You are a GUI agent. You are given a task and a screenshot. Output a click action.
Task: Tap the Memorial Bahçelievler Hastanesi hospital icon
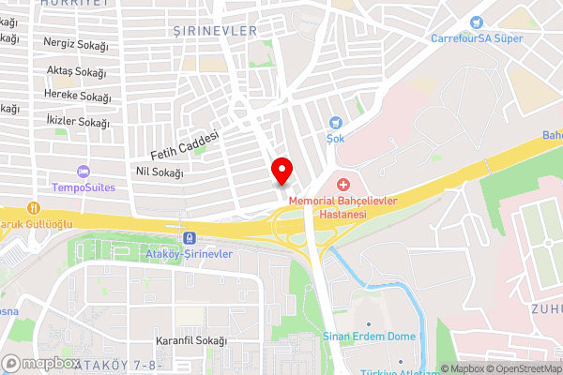pyautogui.click(x=342, y=184)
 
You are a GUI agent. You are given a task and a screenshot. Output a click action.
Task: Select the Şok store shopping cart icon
pyautogui.click(x=336, y=122)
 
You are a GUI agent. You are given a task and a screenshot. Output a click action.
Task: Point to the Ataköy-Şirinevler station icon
pyautogui.click(x=190, y=238)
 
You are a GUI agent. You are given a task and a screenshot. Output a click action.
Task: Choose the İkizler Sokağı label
pyautogui.click(x=77, y=123)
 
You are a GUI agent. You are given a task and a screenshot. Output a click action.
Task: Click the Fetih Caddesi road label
pyautogui.click(x=184, y=144)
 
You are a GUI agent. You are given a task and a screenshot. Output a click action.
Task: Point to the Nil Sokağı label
pyautogui.click(x=160, y=172)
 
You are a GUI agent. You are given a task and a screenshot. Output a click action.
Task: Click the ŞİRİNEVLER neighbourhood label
pyautogui.click(x=215, y=31)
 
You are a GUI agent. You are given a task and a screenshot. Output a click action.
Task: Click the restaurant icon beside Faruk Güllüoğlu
pyautogui.click(x=34, y=208)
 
